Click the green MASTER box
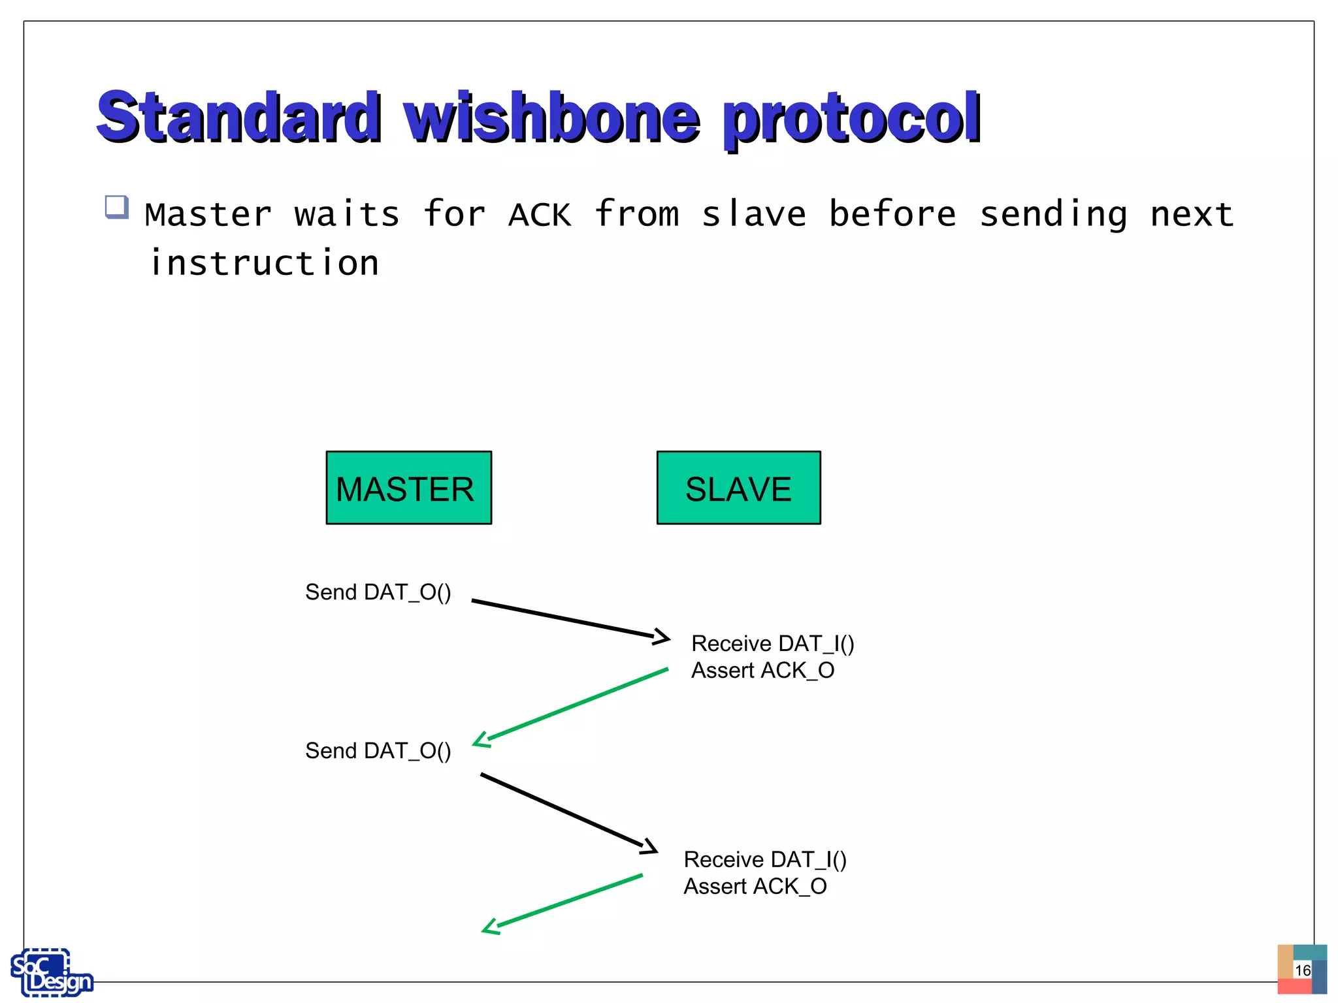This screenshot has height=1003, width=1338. click(408, 487)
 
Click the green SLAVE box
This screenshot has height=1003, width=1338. click(738, 487)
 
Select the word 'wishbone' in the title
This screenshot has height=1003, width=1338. click(551, 118)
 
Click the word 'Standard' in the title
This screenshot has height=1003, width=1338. click(238, 118)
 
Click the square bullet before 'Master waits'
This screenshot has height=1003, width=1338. click(116, 207)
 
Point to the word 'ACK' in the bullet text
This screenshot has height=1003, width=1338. click(540, 215)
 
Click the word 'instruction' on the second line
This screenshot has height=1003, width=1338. click(264, 263)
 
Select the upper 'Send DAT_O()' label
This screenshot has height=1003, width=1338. click(378, 592)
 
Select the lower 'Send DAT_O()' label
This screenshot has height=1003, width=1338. click(378, 751)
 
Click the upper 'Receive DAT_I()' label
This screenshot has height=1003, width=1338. click(772, 644)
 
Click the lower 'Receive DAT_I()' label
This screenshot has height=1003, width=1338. click(764, 860)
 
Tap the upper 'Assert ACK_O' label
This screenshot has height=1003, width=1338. click(762, 671)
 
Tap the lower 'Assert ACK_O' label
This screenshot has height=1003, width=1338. click(755, 887)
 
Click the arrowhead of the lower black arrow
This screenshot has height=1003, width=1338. click(650, 847)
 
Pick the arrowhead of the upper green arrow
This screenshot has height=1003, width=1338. click(481, 740)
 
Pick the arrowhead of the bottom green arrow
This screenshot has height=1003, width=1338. click(490, 928)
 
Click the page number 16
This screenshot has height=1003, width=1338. click(1302, 970)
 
